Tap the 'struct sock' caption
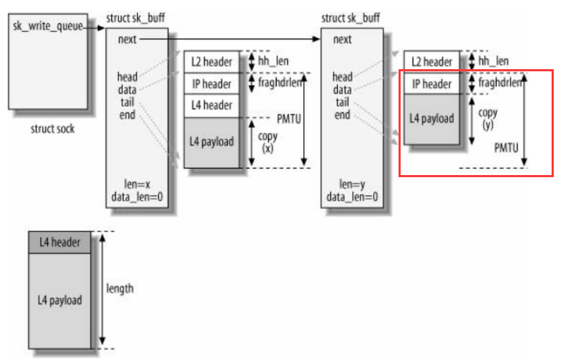53,129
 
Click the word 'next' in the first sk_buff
127,40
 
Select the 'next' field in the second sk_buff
342,40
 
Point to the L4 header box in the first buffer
212,106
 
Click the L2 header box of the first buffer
212,61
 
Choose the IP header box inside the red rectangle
431,84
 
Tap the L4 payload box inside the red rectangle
431,119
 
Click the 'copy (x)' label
268,142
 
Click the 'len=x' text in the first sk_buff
138,184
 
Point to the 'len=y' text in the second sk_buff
352,184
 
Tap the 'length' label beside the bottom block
119,288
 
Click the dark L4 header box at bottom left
59,243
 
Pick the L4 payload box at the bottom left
59,300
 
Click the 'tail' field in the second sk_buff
342,102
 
